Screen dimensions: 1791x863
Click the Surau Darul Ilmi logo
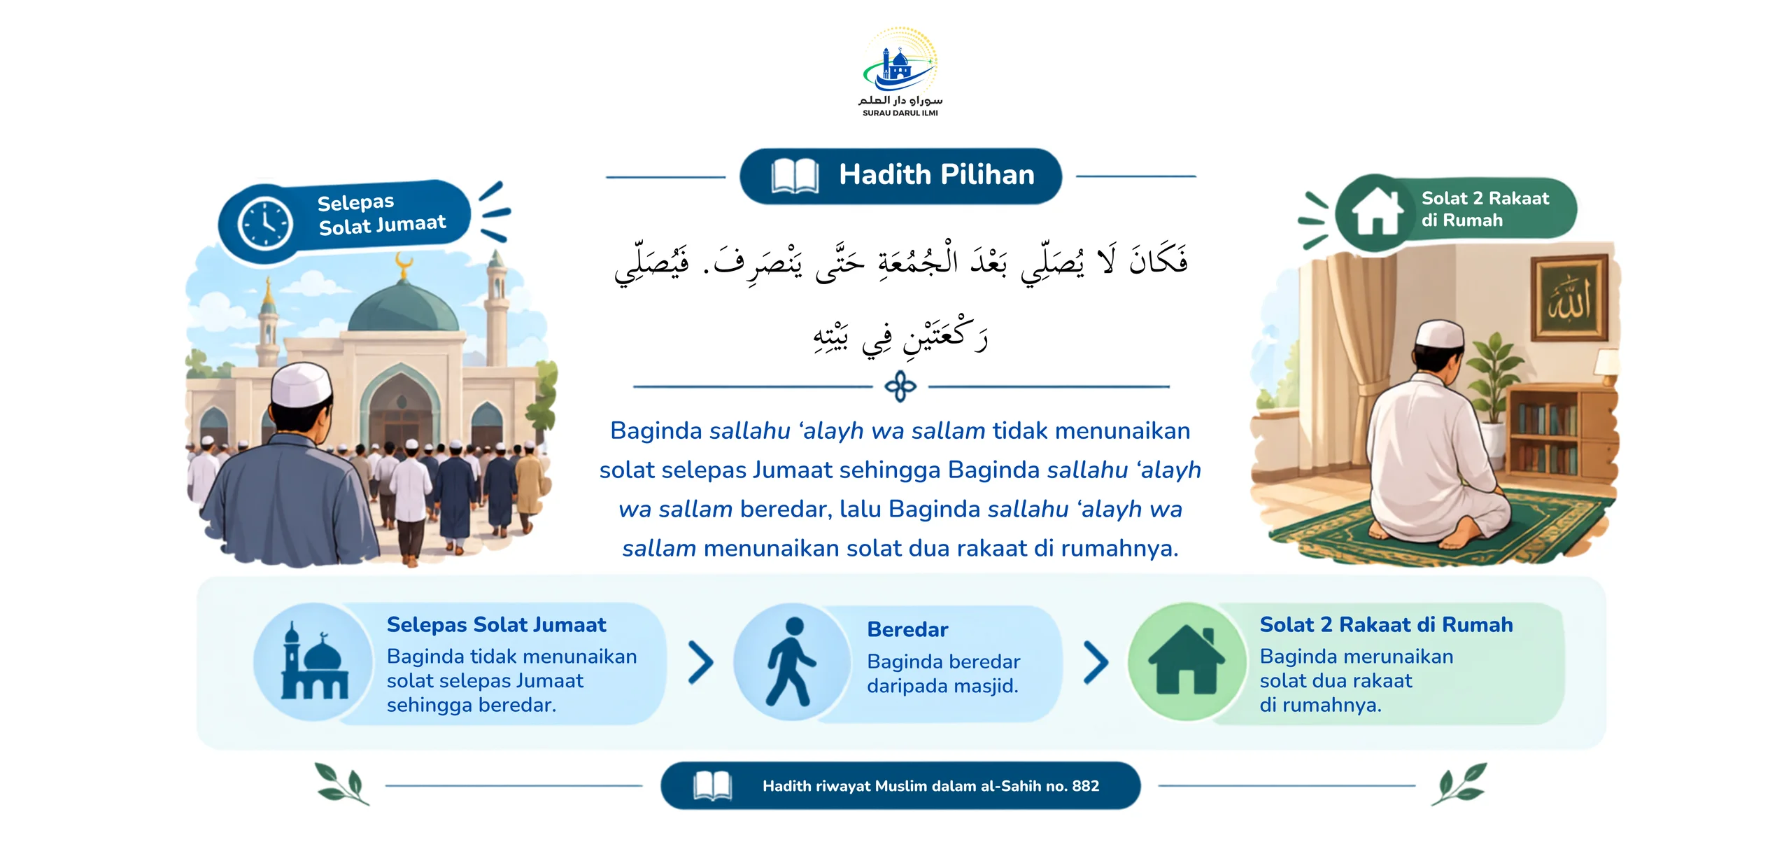point(900,72)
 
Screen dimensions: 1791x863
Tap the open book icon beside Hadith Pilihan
point(795,176)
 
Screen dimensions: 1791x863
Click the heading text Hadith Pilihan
point(937,174)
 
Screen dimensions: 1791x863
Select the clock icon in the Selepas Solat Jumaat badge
point(265,223)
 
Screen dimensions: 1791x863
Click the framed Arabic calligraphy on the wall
point(1570,299)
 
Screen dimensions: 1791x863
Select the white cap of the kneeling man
point(1439,334)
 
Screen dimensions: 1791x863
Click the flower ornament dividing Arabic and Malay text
point(900,386)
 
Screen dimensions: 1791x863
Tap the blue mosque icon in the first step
point(314,662)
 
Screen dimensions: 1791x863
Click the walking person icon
point(791,661)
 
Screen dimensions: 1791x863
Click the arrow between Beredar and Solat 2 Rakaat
point(1096,662)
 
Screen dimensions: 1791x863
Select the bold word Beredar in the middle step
point(907,629)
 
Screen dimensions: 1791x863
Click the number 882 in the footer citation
point(1085,786)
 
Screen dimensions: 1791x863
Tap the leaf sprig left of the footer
point(342,784)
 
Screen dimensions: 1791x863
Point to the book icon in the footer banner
point(712,786)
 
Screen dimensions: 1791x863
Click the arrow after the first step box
point(700,662)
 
